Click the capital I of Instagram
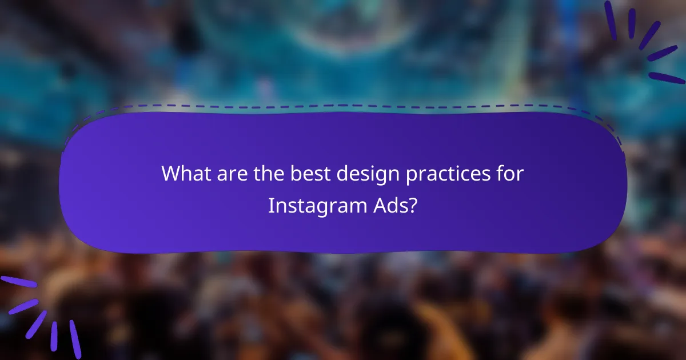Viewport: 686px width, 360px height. (271, 205)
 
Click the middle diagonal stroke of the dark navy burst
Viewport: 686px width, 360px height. (650, 35)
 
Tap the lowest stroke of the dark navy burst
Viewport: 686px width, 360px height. (666, 77)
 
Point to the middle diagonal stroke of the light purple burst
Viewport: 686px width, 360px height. (36, 323)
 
